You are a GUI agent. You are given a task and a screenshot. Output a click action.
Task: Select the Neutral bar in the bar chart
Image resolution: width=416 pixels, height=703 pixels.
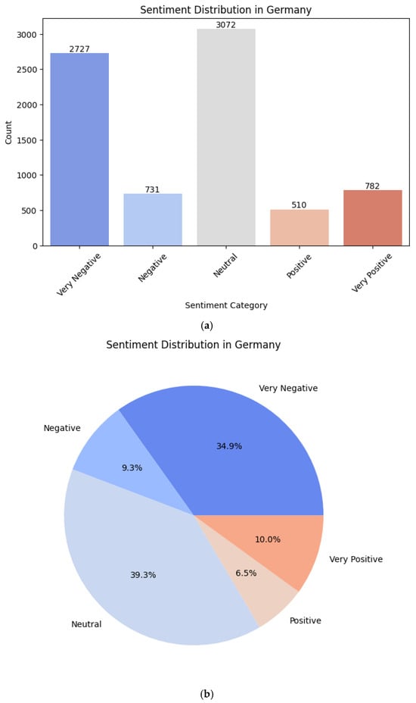coord(226,137)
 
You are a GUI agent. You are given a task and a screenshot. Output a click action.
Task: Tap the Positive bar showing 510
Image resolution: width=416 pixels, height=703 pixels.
coord(300,227)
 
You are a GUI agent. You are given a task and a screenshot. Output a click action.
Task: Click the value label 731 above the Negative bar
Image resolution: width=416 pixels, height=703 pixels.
coord(153,189)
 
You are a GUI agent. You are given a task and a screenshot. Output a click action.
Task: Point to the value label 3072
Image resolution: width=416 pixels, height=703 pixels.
coord(226,24)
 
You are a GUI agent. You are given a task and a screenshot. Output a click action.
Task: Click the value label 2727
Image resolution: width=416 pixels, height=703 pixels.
coord(79,48)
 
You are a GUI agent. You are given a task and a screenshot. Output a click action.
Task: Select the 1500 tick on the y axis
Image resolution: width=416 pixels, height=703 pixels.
coord(29,140)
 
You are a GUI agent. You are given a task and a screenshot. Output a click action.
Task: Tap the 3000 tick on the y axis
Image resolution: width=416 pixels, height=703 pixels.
coord(29,35)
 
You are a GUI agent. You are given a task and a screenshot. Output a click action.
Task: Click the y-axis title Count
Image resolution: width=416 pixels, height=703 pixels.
coord(9,133)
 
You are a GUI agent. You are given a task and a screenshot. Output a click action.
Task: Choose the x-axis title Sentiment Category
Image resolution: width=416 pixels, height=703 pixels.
coord(226,305)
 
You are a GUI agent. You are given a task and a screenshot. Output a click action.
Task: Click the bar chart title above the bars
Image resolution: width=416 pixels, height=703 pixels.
coord(226,10)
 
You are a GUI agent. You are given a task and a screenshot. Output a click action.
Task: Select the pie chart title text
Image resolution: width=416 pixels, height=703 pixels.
coord(194,345)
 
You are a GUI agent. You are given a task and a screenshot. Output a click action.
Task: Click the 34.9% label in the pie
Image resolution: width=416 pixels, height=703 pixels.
coord(229,446)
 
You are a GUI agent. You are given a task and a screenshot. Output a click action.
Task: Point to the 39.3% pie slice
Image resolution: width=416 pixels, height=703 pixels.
coord(143,575)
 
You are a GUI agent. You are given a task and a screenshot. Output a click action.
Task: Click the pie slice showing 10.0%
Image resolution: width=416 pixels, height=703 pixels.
coord(288,539)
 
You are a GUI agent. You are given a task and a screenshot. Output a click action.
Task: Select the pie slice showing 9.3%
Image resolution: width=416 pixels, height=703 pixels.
coord(132,467)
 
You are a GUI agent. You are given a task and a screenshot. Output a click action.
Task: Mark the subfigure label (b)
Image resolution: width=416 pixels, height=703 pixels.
coord(206,694)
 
